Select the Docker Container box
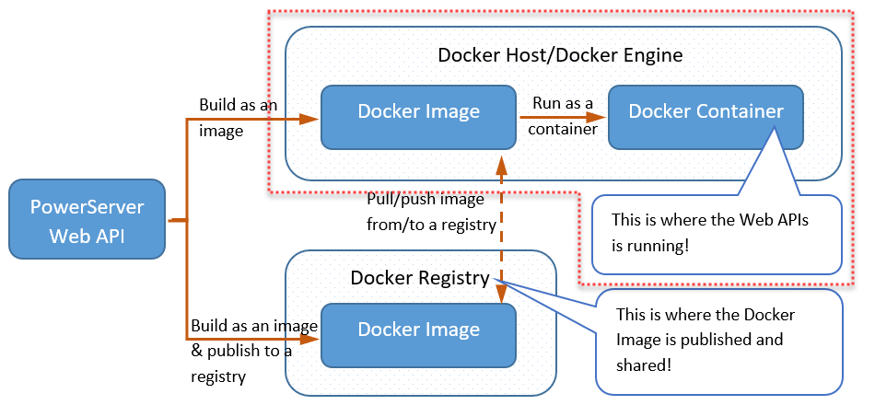pyautogui.click(x=706, y=117)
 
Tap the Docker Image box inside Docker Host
pyautogui.click(x=418, y=117)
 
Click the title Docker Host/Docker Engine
pyautogui.click(x=560, y=55)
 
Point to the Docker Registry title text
pyautogui.click(x=419, y=278)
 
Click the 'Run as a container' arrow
pyautogui.click(x=561, y=118)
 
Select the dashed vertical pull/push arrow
pyautogui.click(x=501, y=230)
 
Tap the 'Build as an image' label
pyautogui.click(x=238, y=117)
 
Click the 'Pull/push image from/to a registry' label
pyautogui.click(x=431, y=211)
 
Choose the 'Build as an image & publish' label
pyautogui.click(x=254, y=351)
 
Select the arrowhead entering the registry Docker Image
pyautogui.click(x=313, y=340)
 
